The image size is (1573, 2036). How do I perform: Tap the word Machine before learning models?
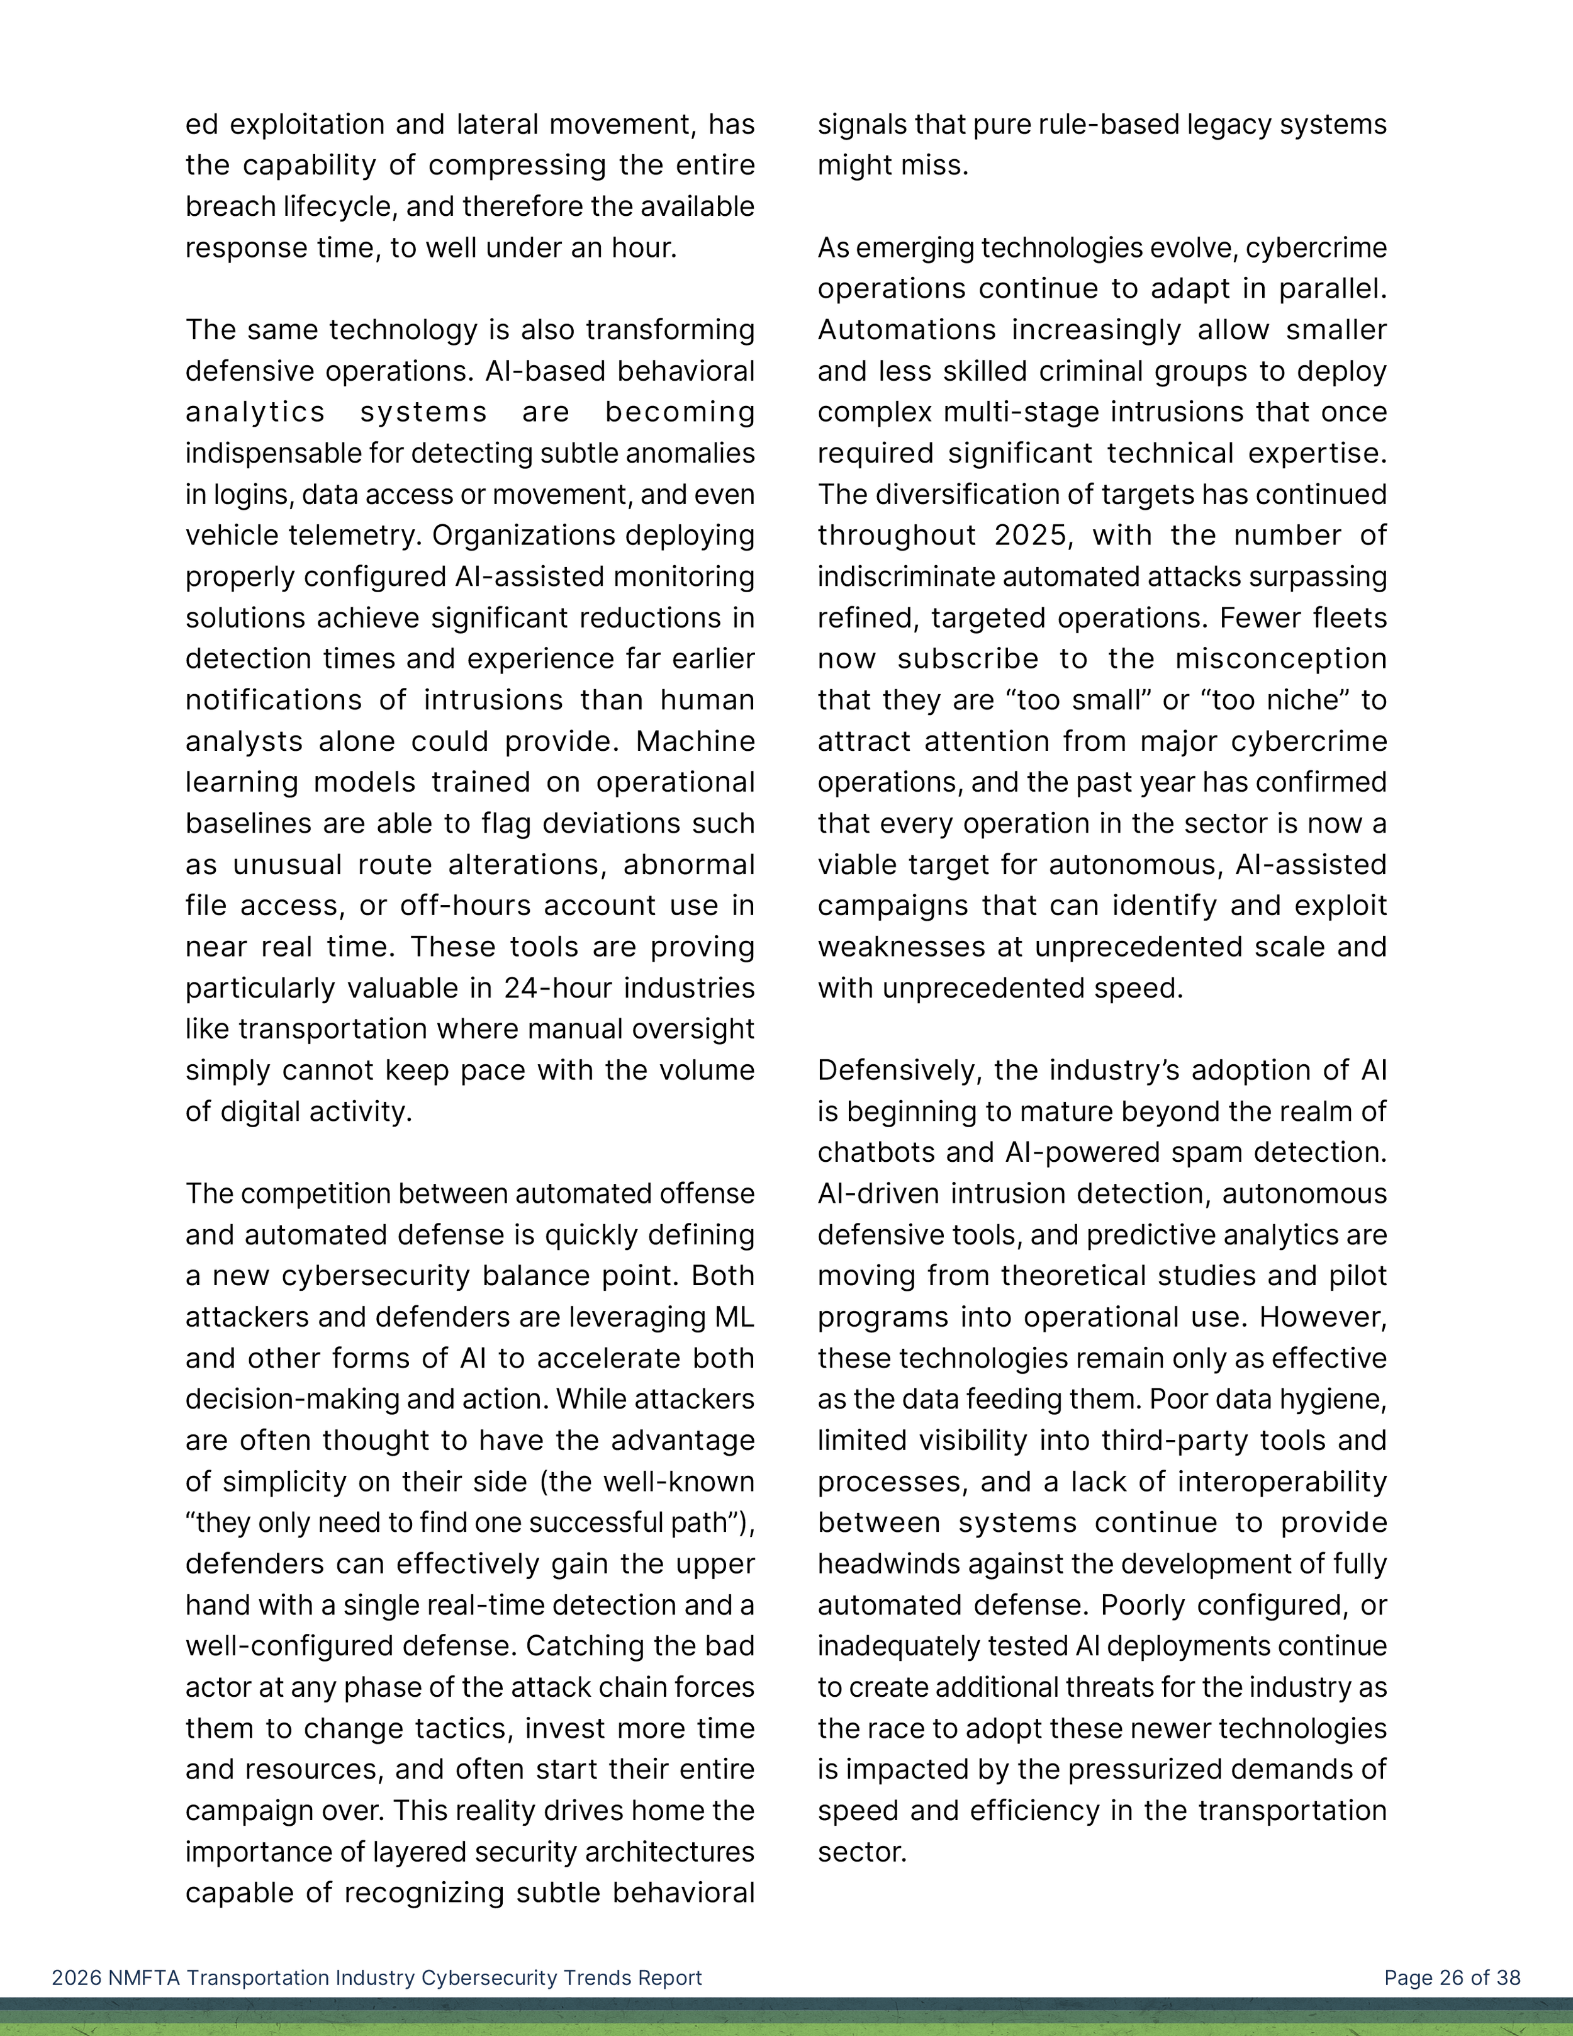pyautogui.click(x=695, y=741)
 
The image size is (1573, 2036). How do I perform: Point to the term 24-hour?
pyautogui.click(x=571, y=988)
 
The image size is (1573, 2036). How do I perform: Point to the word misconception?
pyautogui.click(x=1280, y=659)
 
